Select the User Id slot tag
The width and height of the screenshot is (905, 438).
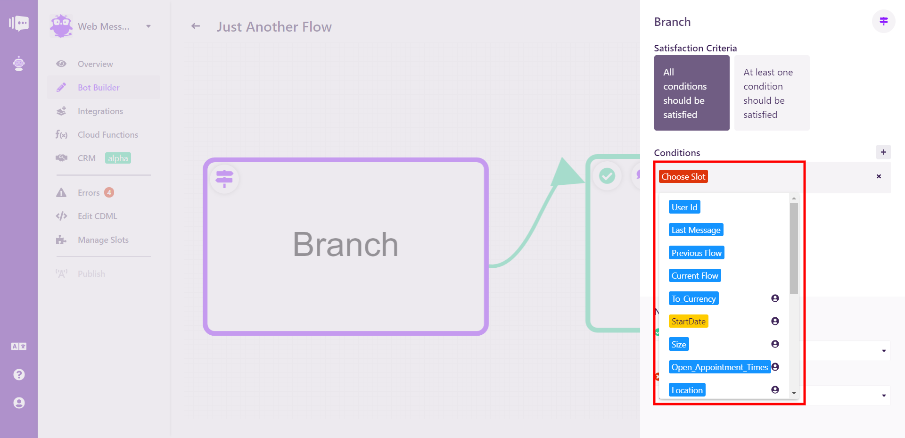coord(684,207)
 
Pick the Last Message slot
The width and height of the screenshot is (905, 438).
coord(696,230)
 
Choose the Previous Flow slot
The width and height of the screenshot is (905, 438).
coord(696,253)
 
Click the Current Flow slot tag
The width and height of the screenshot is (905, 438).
coord(695,275)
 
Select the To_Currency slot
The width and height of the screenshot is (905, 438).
coord(693,298)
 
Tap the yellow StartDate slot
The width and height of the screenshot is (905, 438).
coord(688,321)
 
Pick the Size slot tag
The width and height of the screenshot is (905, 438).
coord(679,344)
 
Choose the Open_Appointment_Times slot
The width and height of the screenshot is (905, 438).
coord(720,367)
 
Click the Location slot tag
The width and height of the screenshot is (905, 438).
coord(687,390)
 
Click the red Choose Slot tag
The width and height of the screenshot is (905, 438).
coord(683,176)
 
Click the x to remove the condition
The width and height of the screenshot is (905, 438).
coord(879,176)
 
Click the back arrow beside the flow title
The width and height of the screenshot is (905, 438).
coord(196,26)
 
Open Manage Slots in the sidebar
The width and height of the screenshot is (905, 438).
coord(103,240)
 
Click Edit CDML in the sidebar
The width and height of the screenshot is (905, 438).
coord(98,216)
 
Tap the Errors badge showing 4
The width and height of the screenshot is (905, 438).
coord(109,192)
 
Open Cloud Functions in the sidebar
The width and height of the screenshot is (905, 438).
coord(108,135)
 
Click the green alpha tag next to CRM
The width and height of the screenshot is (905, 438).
coord(118,158)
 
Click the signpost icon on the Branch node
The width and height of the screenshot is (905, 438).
coord(224,179)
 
